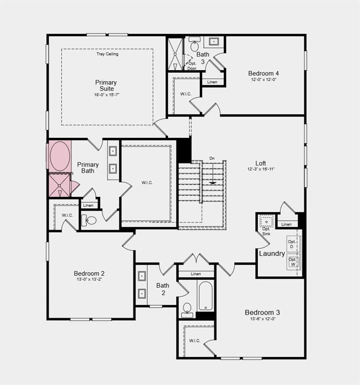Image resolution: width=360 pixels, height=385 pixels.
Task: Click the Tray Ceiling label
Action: [x=107, y=54]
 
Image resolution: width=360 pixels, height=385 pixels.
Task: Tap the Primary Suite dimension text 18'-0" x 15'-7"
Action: [x=107, y=95]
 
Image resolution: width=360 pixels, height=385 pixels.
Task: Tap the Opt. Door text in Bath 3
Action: [x=192, y=66]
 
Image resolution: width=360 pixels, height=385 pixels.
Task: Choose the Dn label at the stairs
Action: [x=212, y=158]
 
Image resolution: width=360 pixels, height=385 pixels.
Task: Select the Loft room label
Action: [x=261, y=163]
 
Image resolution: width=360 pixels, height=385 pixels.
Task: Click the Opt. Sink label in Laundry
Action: [x=266, y=231]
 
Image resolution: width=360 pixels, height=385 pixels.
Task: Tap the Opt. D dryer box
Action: [x=292, y=244]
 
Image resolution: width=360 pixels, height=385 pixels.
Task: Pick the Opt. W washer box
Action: [x=292, y=262]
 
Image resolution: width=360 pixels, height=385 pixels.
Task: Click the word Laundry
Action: [x=272, y=254]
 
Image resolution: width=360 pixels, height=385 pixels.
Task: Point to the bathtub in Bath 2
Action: [x=206, y=296]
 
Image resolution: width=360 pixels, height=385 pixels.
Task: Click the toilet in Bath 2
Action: [x=187, y=309]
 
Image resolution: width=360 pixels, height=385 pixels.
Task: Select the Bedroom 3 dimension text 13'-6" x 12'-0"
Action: [x=262, y=319]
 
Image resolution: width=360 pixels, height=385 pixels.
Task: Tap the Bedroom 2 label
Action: [x=89, y=273]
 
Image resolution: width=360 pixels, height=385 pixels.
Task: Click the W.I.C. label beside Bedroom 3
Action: [x=195, y=340]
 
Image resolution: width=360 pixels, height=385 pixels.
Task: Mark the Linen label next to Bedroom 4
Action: [x=212, y=82]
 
